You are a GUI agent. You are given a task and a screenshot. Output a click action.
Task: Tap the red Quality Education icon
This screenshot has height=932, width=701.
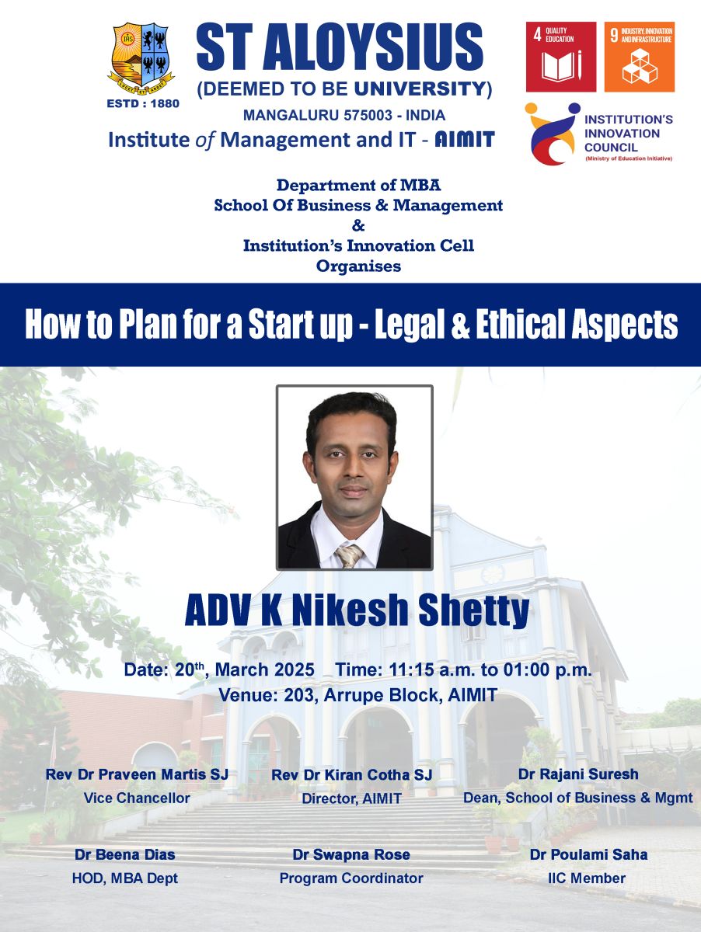(x=561, y=57)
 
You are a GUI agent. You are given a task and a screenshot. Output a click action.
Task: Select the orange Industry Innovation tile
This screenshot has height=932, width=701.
(x=640, y=57)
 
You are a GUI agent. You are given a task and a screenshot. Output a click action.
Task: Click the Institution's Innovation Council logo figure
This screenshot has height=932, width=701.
(x=553, y=134)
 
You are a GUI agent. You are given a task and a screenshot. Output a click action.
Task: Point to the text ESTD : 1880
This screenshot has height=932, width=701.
(x=143, y=103)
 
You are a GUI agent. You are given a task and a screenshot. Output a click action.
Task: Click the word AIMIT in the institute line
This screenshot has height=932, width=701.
(x=465, y=140)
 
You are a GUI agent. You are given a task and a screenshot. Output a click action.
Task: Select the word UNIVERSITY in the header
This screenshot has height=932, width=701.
(x=420, y=89)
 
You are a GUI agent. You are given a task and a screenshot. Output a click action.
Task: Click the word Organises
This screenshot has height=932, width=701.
(x=358, y=266)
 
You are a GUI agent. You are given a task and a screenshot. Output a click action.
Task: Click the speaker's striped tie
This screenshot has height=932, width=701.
(x=350, y=555)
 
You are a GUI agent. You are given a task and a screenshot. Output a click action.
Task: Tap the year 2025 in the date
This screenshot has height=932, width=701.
(x=295, y=669)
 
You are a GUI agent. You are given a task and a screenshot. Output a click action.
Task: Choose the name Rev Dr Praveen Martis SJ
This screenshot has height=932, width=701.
(x=137, y=774)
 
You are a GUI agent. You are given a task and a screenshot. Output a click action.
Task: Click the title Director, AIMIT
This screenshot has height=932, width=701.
(x=351, y=798)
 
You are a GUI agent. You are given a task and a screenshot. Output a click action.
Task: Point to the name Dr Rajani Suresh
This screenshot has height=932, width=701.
(x=577, y=774)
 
